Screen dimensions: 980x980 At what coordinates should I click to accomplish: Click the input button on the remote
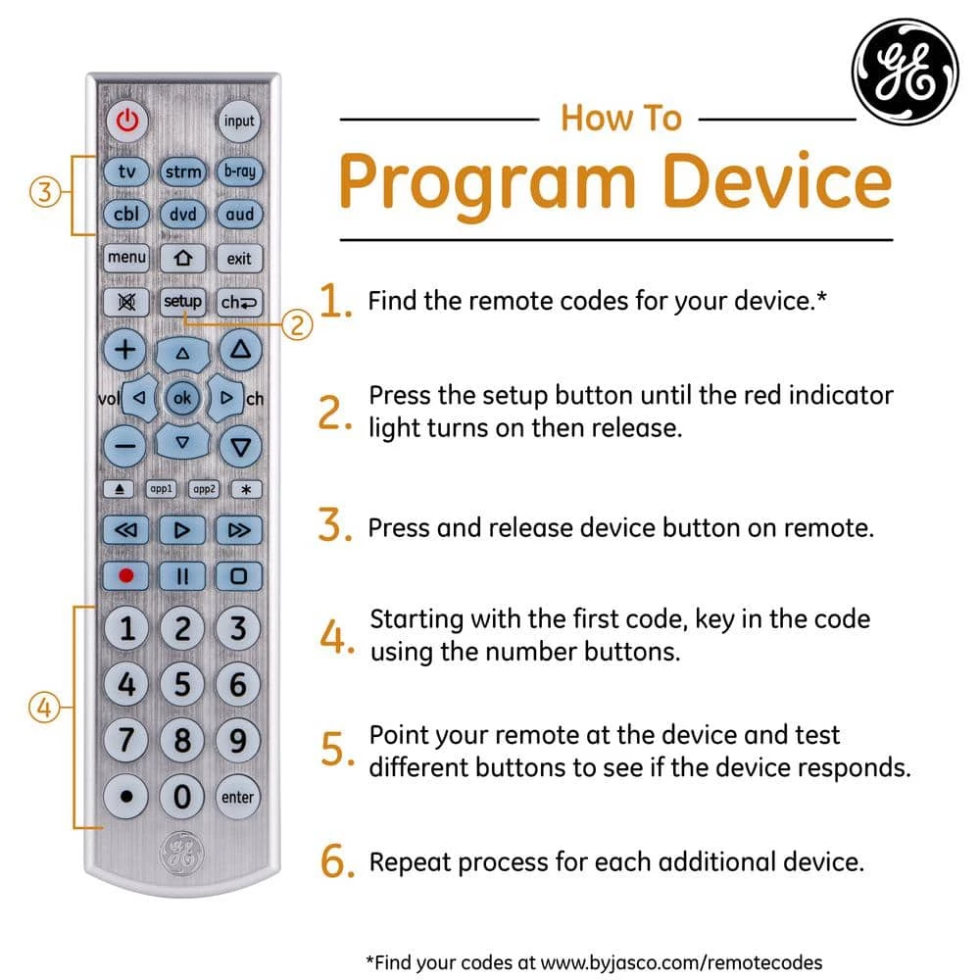[x=238, y=122]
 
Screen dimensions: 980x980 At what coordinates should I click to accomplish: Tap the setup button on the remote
[x=182, y=302]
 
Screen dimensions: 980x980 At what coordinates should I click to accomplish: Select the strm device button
[x=182, y=171]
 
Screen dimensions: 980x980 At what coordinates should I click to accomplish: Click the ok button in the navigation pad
[x=181, y=398]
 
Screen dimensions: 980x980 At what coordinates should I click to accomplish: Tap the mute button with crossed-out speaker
[x=126, y=302]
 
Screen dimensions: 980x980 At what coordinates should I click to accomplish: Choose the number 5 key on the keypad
[x=182, y=683]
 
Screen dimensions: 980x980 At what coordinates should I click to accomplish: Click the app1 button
[x=160, y=488]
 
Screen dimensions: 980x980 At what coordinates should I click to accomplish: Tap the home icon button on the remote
[x=182, y=259]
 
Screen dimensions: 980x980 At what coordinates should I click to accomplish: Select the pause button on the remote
[x=182, y=575]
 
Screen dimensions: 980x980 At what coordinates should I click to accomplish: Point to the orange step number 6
[x=335, y=862]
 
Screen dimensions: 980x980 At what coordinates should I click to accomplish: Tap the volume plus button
[x=126, y=350]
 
